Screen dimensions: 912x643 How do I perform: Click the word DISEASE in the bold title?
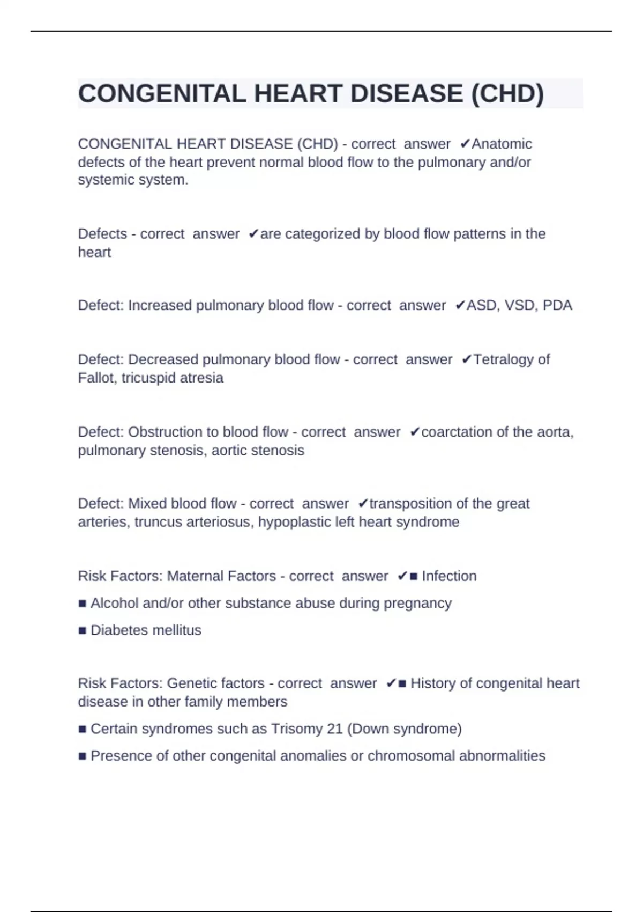click(x=407, y=94)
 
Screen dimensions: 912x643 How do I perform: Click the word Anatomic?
click(x=502, y=144)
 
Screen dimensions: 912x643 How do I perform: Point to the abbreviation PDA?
click(x=557, y=305)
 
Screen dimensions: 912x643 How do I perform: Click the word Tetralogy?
click(x=503, y=359)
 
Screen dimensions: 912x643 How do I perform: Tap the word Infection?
click(x=449, y=576)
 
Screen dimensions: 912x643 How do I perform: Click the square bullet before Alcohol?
click(x=82, y=604)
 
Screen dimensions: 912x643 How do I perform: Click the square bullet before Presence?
click(x=82, y=756)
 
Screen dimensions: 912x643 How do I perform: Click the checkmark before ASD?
click(x=460, y=305)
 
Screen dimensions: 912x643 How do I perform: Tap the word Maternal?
click(x=195, y=576)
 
